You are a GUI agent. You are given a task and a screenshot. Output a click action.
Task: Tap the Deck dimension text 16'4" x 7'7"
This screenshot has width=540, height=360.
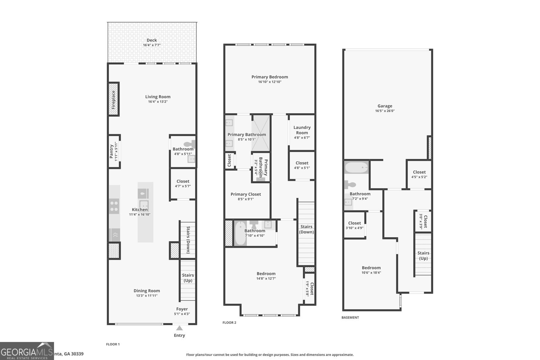pyautogui.click(x=152, y=45)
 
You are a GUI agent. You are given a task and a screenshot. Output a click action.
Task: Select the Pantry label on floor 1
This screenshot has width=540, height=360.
pyautogui.click(x=111, y=151)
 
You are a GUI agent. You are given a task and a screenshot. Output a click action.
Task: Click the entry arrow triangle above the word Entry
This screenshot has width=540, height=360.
pyautogui.click(x=180, y=328)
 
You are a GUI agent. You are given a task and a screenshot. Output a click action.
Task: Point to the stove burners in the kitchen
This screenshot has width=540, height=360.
pyautogui.click(x=114, y=206)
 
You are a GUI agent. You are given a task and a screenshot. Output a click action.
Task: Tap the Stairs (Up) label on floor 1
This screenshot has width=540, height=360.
pyautogui.click(x=188, y=278)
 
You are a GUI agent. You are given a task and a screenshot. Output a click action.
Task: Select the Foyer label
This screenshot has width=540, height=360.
pyautogui.click(x=182, y=309)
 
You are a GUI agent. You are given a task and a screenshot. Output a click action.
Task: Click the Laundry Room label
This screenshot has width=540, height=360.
pyautogui.click(x=302, y=130)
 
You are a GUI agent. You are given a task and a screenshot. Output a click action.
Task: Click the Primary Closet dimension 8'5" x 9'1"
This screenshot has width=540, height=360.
pyautogui.click(x=246, y=199)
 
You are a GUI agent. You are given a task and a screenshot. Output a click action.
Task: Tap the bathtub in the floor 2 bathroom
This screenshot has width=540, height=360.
pyautogui.click(x=241, y=233)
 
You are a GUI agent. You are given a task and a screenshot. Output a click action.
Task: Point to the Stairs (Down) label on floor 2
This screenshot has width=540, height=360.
pyautogui.click(x=306, y=229)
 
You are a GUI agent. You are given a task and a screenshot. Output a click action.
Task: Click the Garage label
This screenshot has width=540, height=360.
pyautogui.click(x=385, y=106)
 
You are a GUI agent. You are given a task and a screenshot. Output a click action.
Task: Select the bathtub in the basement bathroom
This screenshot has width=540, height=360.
pyautogui.click(x=356, y=167)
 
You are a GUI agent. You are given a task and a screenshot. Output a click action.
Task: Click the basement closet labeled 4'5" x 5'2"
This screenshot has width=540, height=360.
pyautogui.click(x=419, y=174)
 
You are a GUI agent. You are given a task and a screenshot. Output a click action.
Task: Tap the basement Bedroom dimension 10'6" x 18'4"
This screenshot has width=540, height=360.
pyautogui.click(x=371, y=273)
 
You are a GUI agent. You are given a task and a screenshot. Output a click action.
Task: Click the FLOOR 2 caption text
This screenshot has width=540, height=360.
pyautogui.click(x=229, y=323)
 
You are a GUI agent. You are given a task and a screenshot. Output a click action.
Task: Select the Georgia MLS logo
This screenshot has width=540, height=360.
pyautogui.click(x=27, y=351)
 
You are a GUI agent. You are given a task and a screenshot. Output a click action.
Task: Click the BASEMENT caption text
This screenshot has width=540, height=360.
pyautogui.click(x=350, y=317)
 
